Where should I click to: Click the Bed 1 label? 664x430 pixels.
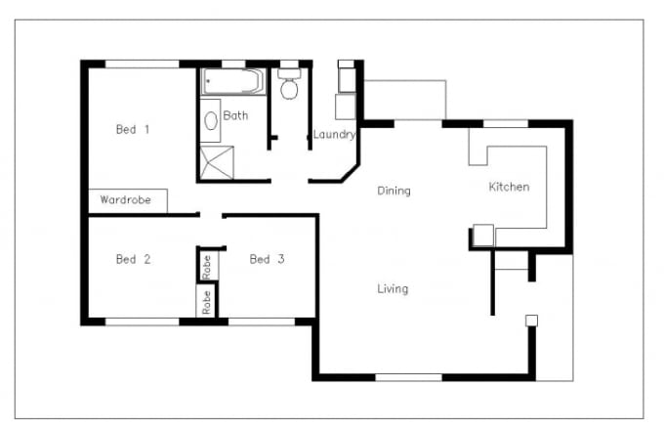133,129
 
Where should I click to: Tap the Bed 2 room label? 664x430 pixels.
133,259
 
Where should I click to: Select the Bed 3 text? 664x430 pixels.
267,259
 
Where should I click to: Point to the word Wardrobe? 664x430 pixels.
126,200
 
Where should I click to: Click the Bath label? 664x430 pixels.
235,115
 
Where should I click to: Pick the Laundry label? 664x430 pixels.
334,135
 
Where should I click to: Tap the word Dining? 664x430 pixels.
394,191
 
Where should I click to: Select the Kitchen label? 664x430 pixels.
509,187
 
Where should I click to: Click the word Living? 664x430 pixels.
393,288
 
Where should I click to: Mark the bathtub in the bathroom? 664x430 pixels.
232,81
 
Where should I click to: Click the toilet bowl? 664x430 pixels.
289,89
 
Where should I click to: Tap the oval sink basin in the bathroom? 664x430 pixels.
211,121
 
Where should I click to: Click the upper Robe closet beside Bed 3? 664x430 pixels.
207,265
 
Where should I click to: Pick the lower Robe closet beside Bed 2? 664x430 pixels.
207,301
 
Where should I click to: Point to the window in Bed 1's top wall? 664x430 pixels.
142,64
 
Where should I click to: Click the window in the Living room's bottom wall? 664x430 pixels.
408,376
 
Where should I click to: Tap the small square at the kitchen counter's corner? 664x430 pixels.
482,235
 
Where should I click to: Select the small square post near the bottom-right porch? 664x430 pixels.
531,320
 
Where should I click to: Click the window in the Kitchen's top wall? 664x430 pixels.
506,123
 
